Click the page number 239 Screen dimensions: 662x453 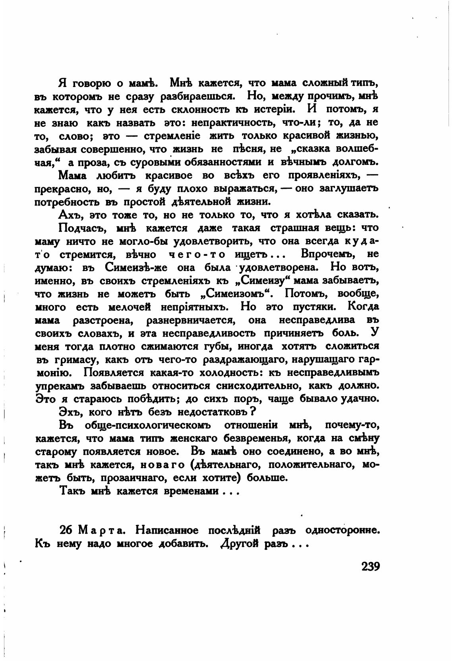(x=370, y=565)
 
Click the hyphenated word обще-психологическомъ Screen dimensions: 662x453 (x=147, y=426)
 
